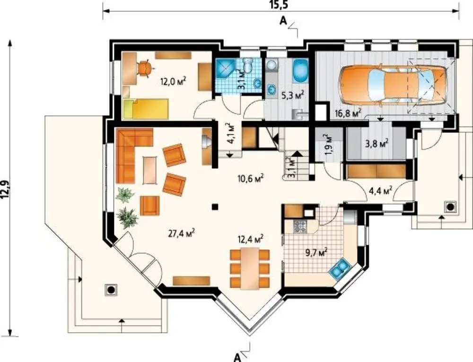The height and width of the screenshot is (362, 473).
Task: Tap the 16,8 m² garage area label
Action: (349, 113)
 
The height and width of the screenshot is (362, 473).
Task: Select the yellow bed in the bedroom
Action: (145, 109)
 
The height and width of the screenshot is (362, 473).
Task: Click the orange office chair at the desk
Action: (145, 69)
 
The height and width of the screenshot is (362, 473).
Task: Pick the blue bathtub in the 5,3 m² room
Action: (300, 71)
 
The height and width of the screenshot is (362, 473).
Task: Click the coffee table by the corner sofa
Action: (150, 170)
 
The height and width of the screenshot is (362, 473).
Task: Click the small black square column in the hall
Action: (215, 207)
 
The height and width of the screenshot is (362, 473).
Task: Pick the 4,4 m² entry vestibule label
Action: (380, 190)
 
